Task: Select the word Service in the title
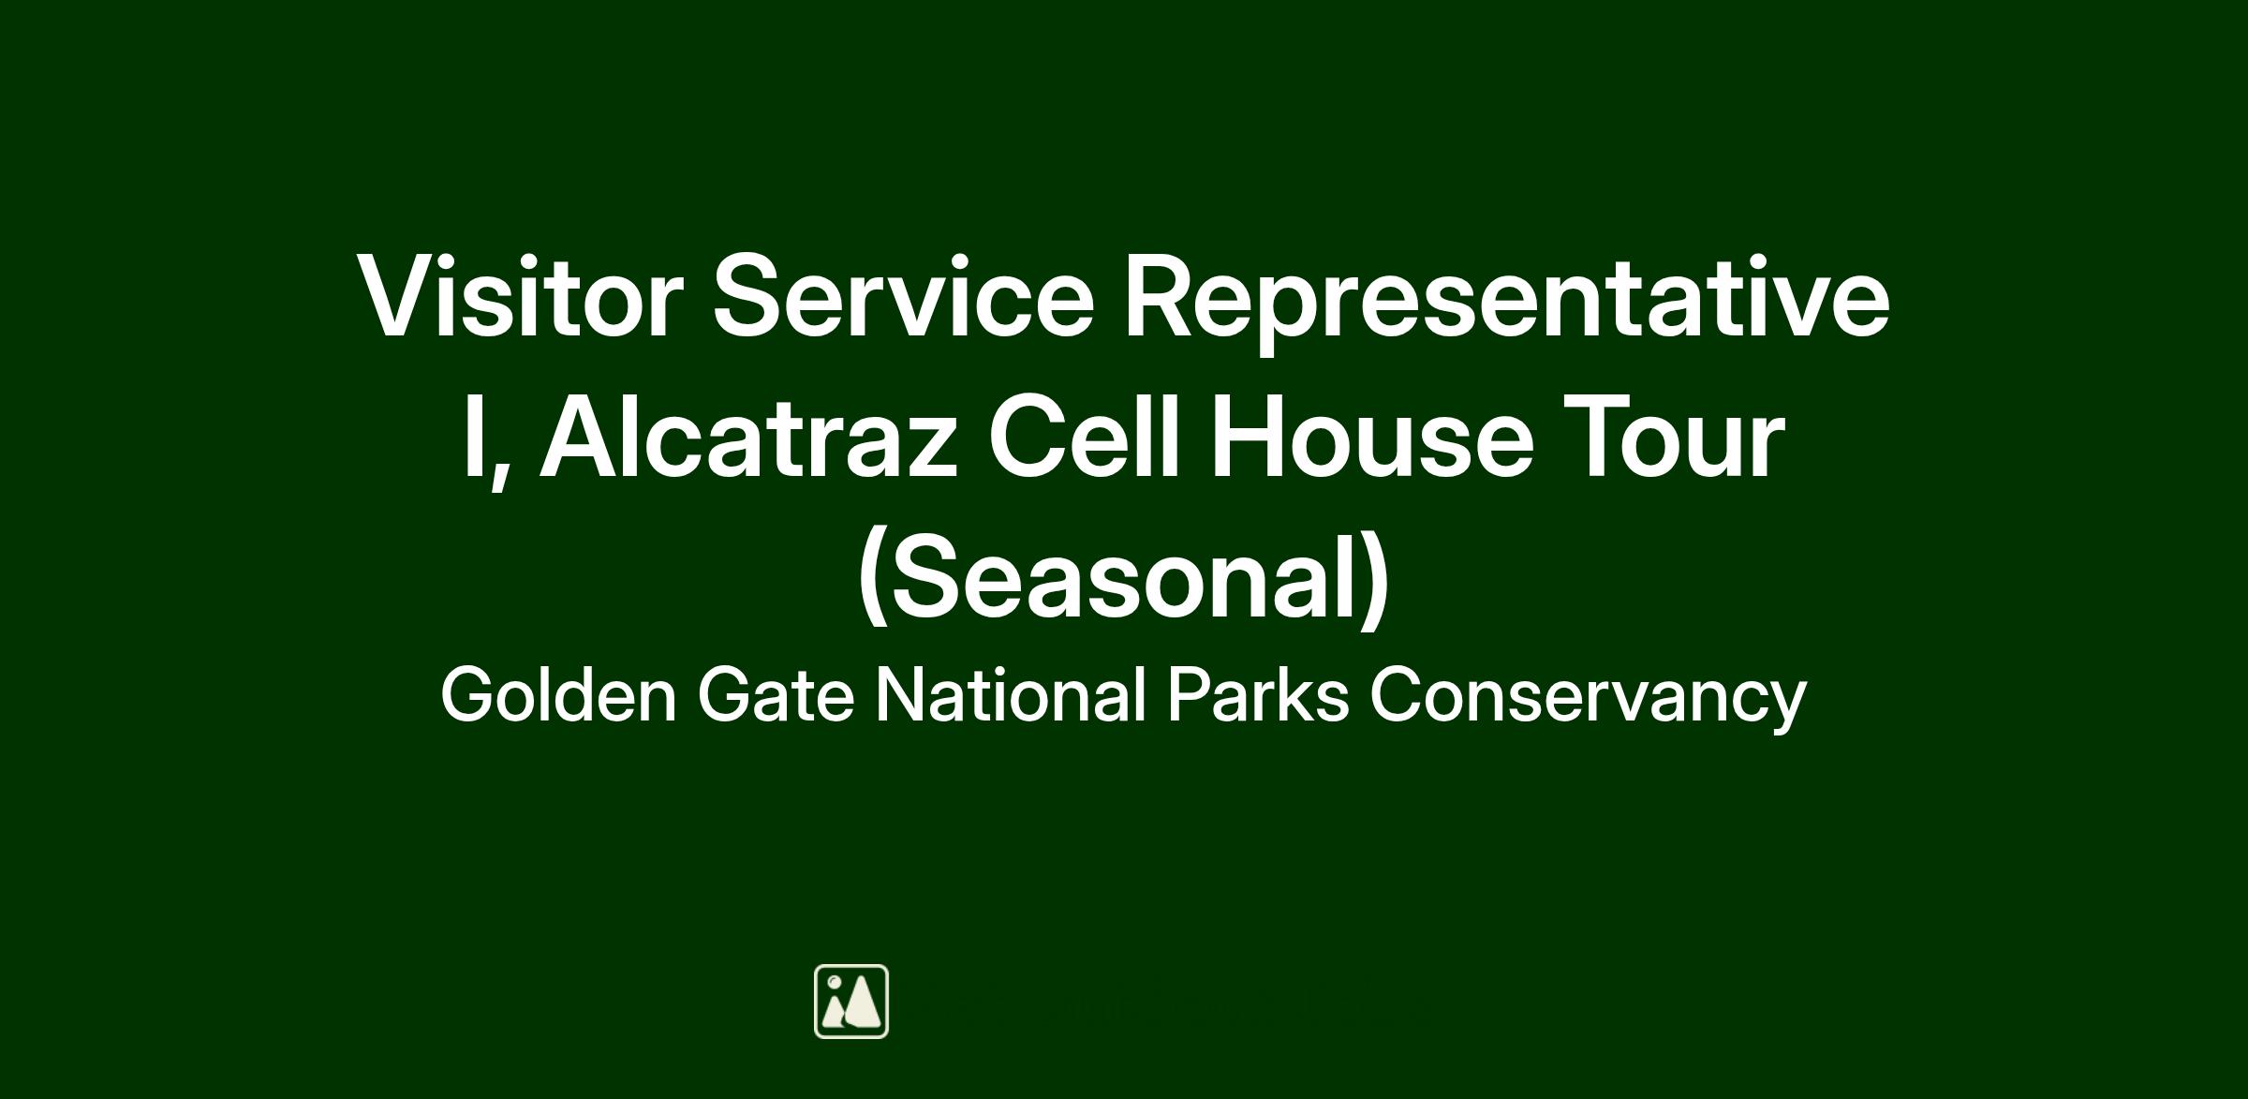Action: click(904, 295)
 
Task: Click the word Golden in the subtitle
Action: click(558, 695)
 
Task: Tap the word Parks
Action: click(1258, 695)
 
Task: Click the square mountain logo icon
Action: click(851, 1002)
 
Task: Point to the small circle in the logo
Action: click(834, 981)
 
